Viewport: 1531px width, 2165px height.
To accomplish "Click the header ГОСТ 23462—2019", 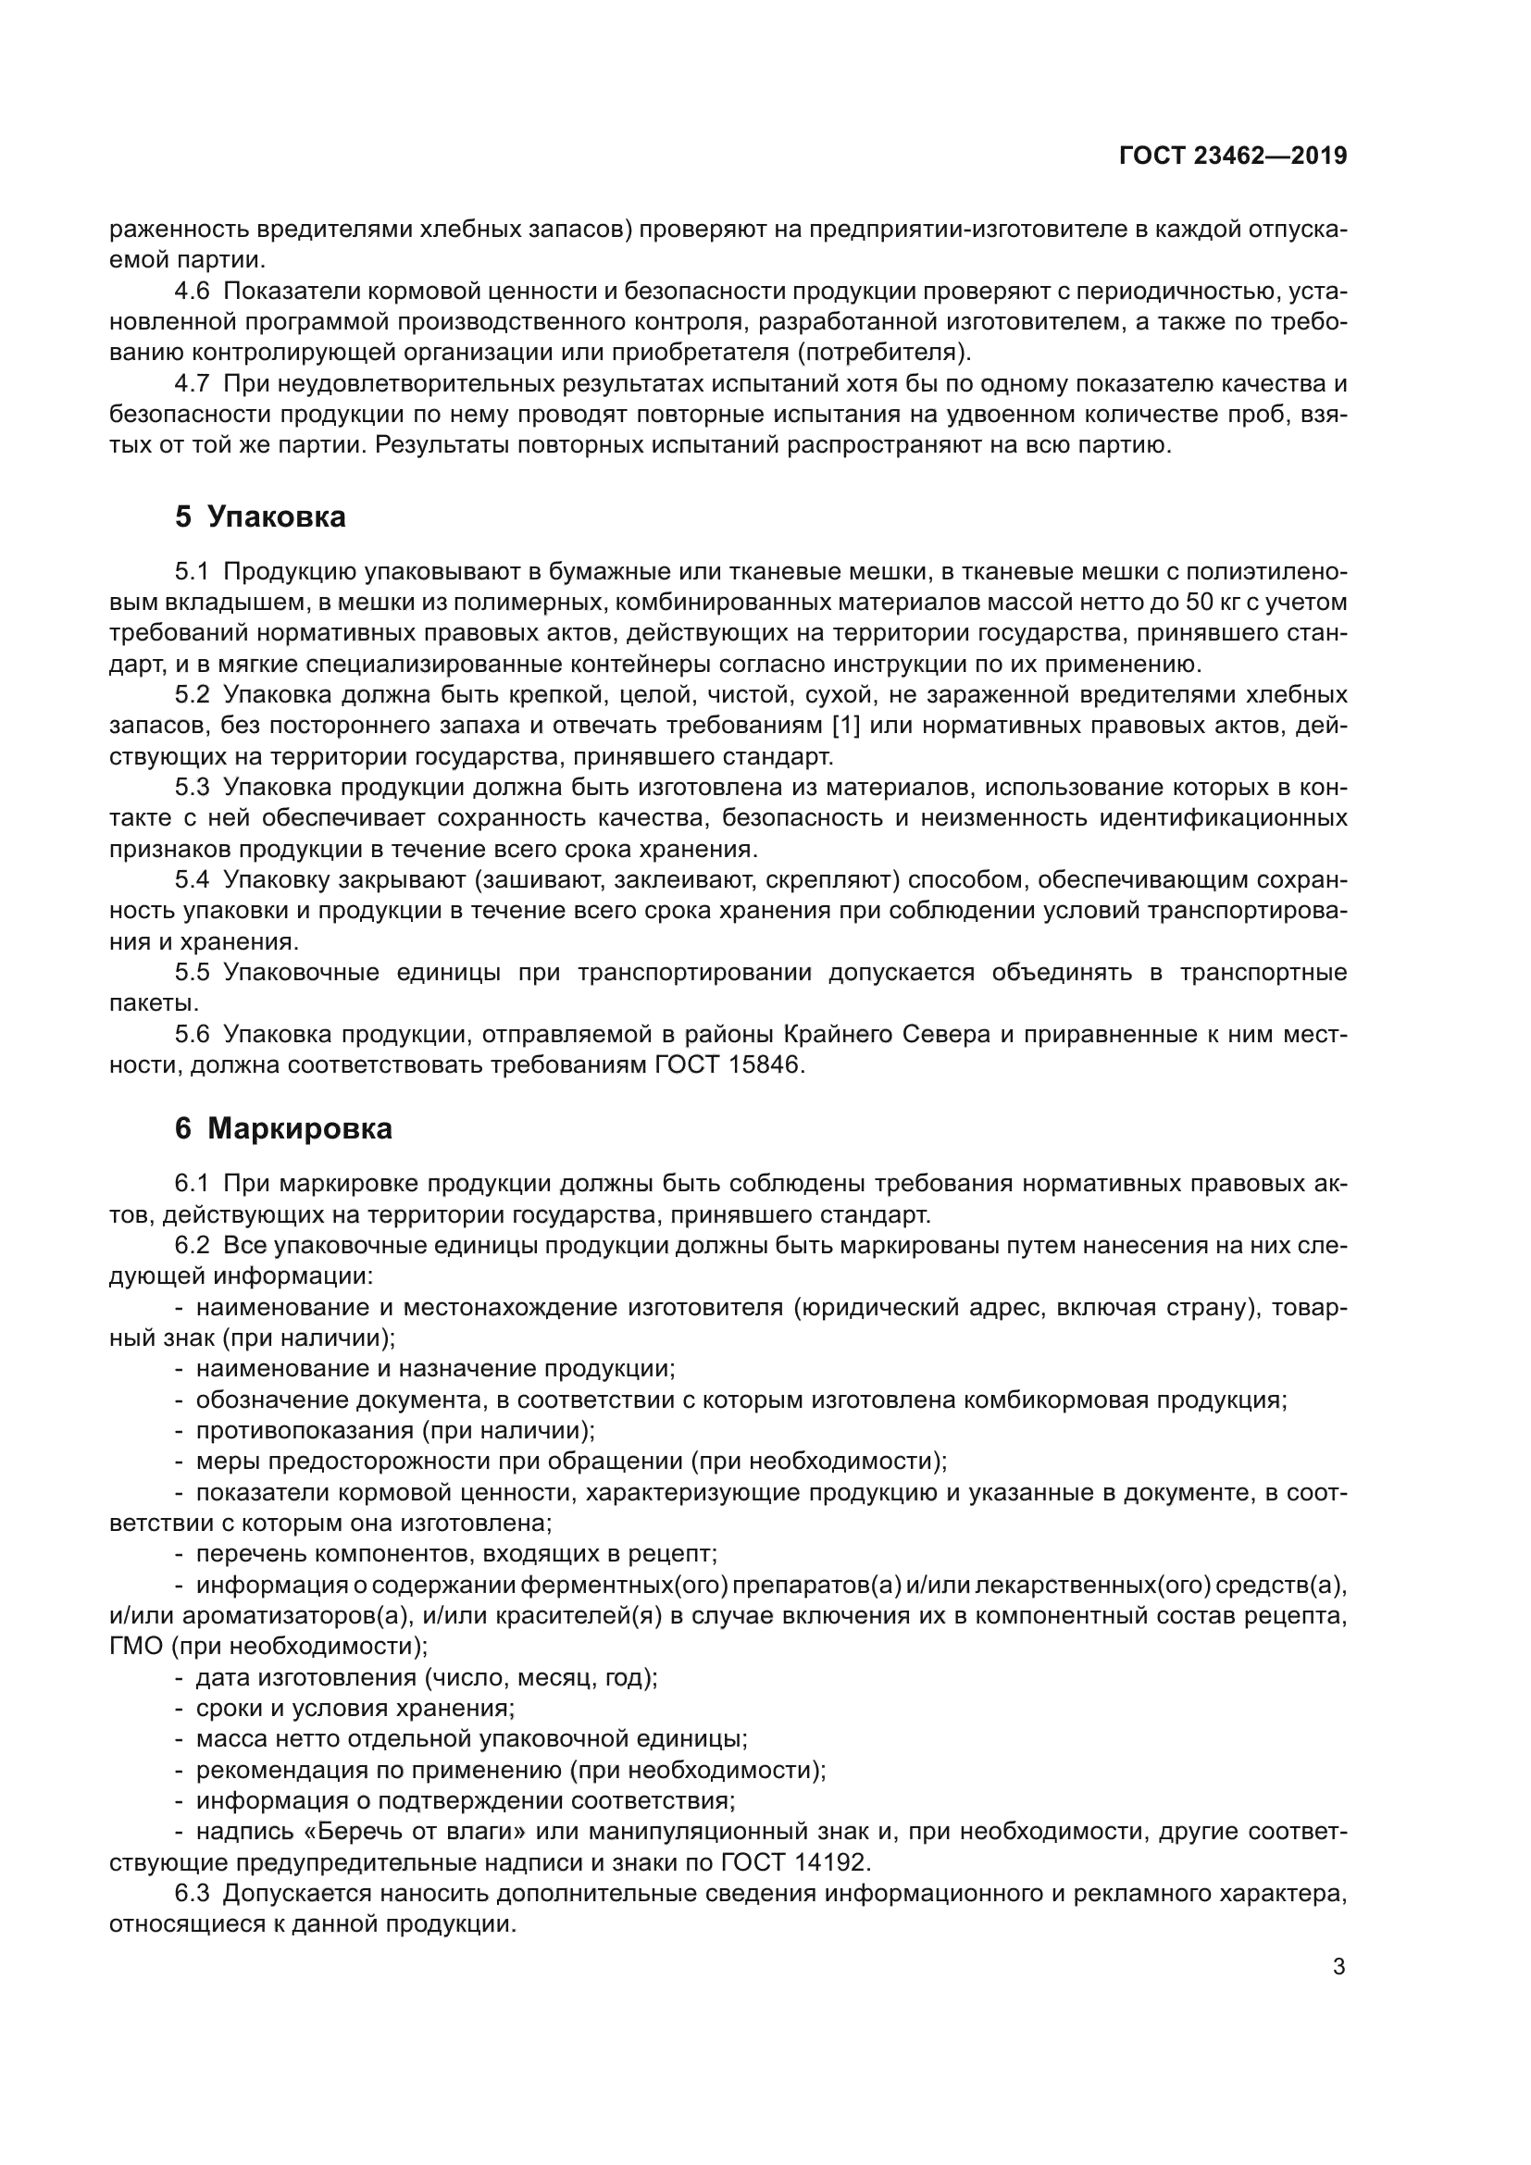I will tap(1232, 156).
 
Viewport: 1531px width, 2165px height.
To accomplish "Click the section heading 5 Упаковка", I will tap(260, 516).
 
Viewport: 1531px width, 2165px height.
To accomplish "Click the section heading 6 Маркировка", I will tap(283, 1128).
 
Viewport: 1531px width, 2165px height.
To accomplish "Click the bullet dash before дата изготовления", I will tap(180, 1678).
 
